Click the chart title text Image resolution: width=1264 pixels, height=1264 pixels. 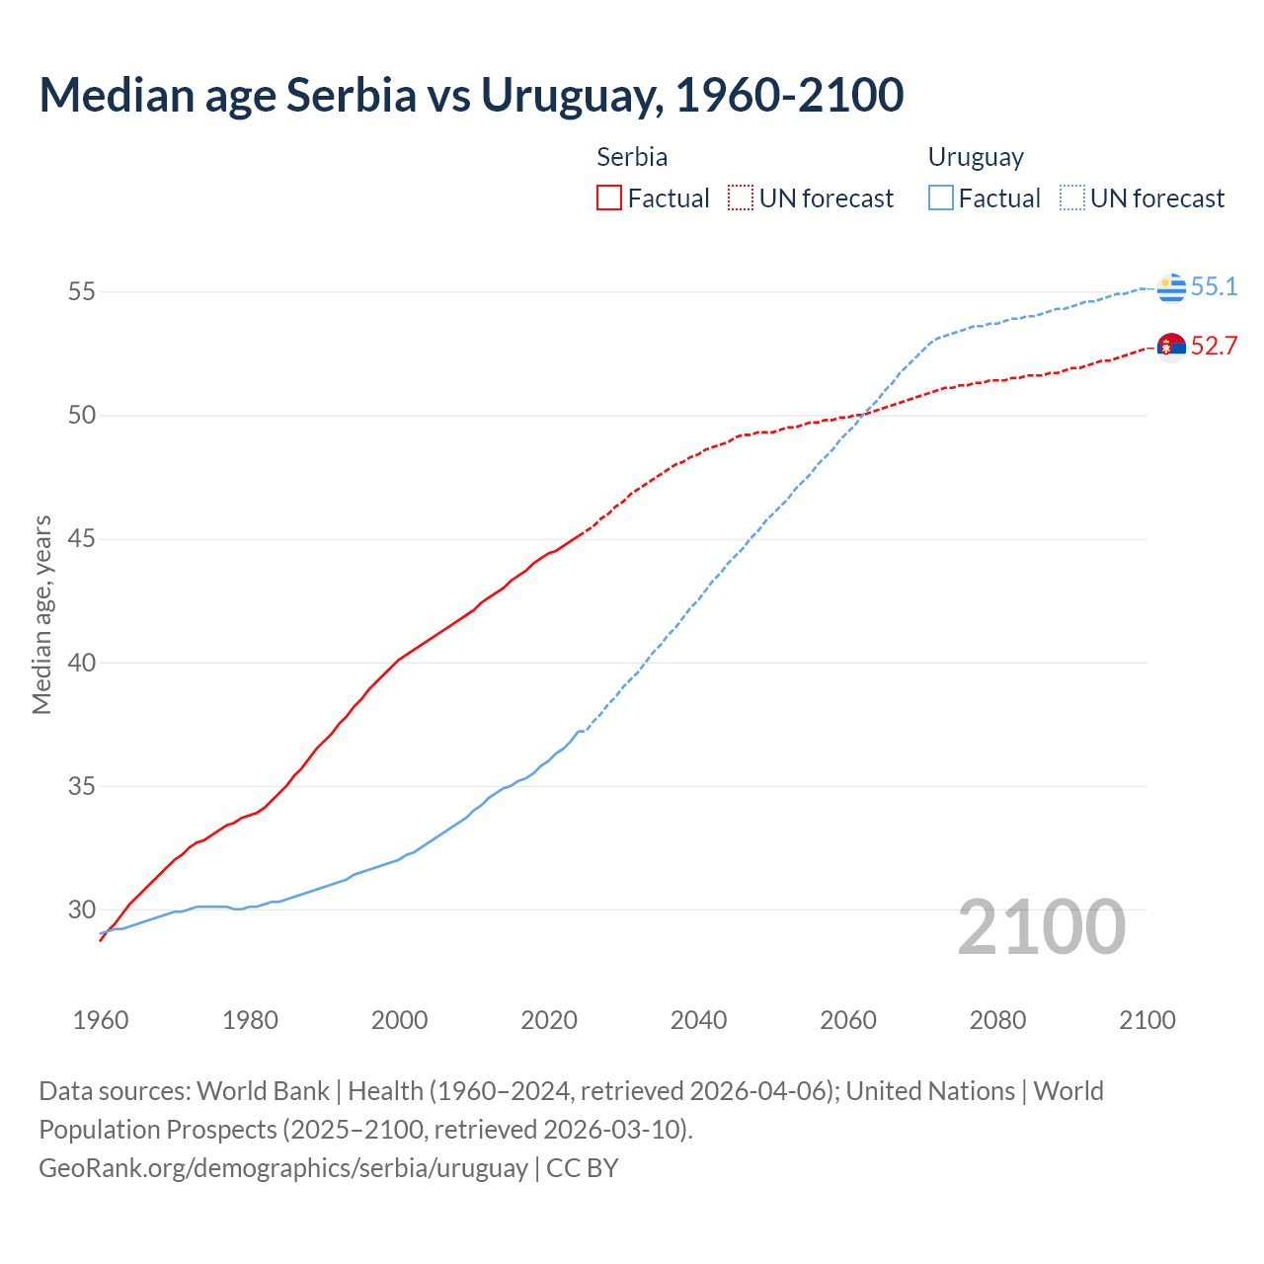pos(471,95)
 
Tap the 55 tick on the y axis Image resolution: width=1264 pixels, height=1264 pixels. pos(82,291)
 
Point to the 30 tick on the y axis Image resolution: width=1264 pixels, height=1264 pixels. pos(82,909)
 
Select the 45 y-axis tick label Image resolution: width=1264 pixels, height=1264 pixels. pos(82,539)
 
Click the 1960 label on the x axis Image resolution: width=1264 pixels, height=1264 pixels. pos(101,1020)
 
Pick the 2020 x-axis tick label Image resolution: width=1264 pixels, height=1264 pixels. pos(549,1020)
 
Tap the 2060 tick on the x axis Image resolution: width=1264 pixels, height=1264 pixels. pos(848,1020)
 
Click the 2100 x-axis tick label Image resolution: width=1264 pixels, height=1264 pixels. pos(1146,1020)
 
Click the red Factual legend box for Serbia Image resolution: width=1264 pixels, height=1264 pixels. pos(609,198)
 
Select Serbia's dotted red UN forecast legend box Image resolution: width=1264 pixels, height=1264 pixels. pos(741,198)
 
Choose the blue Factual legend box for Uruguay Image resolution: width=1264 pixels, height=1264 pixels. pos(941,198)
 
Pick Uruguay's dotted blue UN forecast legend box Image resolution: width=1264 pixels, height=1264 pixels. pos(1072,198)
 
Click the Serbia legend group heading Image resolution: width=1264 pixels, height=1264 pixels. pos(632,157)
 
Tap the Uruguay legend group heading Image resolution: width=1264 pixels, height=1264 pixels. pos(976,157)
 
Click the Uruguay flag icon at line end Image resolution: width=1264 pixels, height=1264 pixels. pos(1171,287)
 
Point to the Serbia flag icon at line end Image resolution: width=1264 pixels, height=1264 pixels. pos(1171,348)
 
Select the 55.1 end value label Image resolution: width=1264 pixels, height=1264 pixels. pos(1214,286)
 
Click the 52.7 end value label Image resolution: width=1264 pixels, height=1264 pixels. pos(1214,346)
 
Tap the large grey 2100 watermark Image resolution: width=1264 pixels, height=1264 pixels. pos(1042,926)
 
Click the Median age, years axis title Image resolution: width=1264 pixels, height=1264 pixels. pos(41,614)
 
